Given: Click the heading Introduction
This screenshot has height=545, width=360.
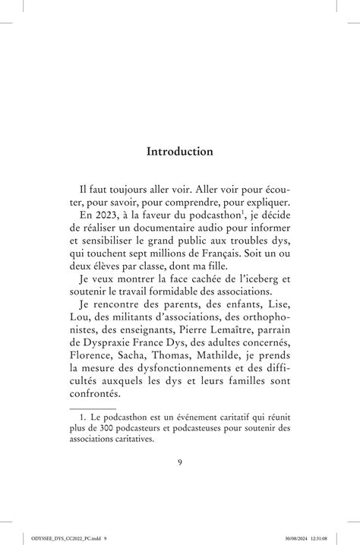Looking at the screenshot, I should tap(180, 151).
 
